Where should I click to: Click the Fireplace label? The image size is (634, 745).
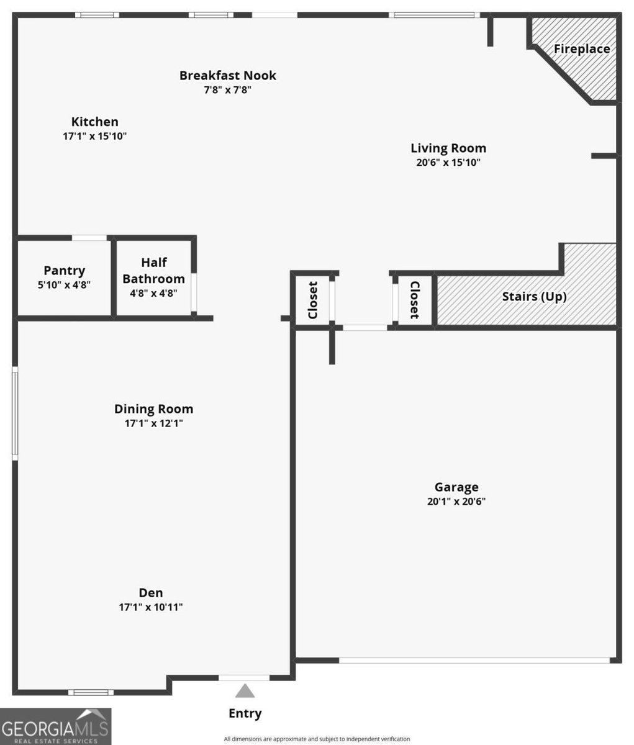pyautogui.click(x=581, y=49)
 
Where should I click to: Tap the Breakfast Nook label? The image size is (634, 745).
pyautogui.click(x=227, y=76)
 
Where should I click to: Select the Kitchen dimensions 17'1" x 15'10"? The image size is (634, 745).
pyautogui.click(x=94, y=137)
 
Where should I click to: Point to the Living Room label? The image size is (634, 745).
pyautogui.click(x=448, y=148)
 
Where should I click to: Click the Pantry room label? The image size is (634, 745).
pyautogui.click(x=64, y=271)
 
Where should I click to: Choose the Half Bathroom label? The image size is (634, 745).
pyautogui.click(x=153, y=271)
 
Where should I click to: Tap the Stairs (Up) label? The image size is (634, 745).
pyautogui.click(x=534, y=297)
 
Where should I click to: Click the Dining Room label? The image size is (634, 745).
pyautogui.click(x=153, y=409)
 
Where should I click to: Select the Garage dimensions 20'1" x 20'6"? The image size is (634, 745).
pyautogui.click(x=456, y=502)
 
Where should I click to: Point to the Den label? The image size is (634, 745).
pyautogui.click(x=151, y=593)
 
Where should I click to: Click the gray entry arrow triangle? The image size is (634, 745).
pyautogui.click(x=245, y=691)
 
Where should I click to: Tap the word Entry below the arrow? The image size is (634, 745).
pyautogui.click(x=245, y=713)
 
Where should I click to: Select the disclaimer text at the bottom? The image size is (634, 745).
pyautogui.click(x=317, y=739)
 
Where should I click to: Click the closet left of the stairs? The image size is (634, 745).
pyautogui.click(x=414, y=300)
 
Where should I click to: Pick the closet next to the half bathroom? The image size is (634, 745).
pyautogui.click(x=312, y=300)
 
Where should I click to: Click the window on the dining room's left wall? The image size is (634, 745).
pyautogui.click(x=15, y=413)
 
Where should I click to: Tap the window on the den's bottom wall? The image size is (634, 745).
pyautogui.click(x=91, y=692)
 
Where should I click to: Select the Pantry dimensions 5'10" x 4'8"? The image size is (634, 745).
pyautogui.click(x=64, y=285)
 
